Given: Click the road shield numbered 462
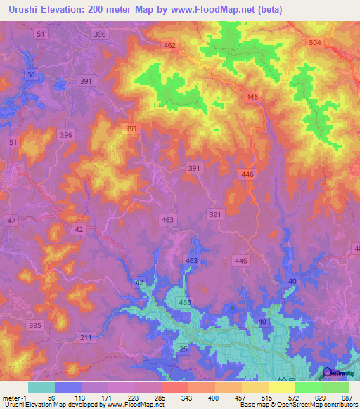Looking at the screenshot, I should pyautogui.click(x=169, y=46).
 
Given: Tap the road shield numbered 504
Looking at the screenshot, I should pyautogui.click(x=316, y=43).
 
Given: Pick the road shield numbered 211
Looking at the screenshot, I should pyautogui.click(x=85, y=338).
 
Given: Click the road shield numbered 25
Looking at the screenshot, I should pyautogui.click(x=184, y=349).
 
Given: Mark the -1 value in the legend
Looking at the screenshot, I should pyautogui.click(x=25, y=398).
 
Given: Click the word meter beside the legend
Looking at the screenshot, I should pyautogui.click(x=11, y=398).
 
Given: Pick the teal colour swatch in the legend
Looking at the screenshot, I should pyautogui.click(x=41, y=387).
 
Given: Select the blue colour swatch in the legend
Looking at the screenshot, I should pyautogui.click(x=67, y=387).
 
